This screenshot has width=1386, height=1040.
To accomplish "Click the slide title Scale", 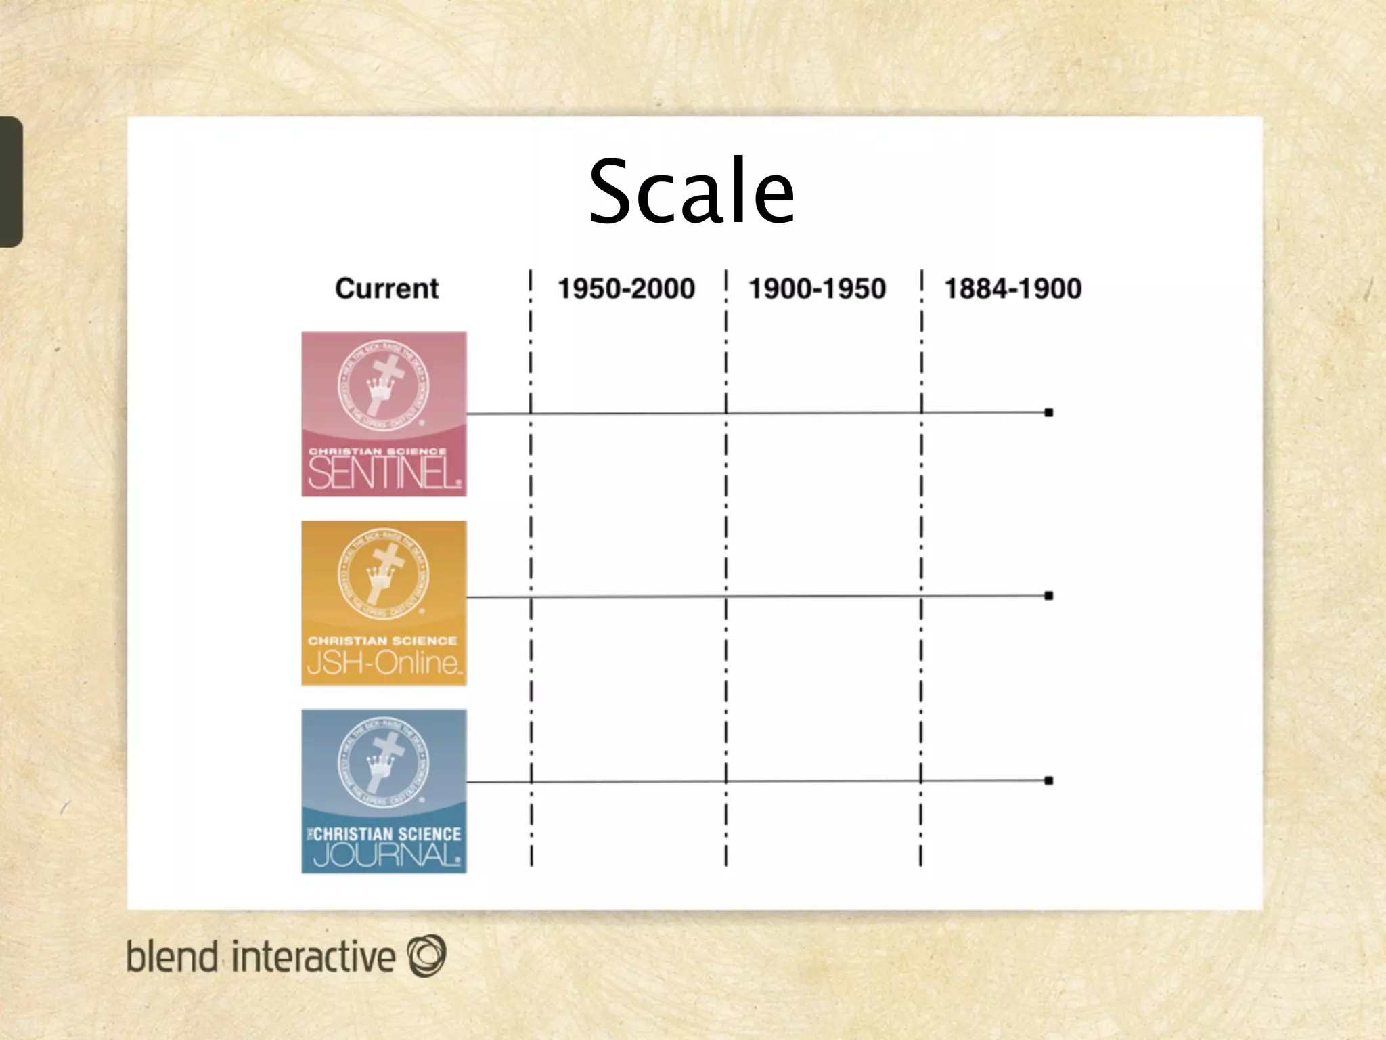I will pos(692,191).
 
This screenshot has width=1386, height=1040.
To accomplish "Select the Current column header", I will pos(386,289).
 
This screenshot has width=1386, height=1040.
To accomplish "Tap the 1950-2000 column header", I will pos(626,289).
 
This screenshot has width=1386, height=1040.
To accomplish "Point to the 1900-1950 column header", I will pos(817,289).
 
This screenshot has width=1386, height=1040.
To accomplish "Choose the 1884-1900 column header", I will pos(1012,289).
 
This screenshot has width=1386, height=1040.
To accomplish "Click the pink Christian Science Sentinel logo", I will pos(384,414).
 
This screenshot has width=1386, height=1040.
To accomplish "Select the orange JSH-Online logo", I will pos(384,603).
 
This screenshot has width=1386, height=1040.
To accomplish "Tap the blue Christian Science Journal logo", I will pos(384,791).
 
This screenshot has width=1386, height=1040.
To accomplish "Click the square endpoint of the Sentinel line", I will pos(1048,412).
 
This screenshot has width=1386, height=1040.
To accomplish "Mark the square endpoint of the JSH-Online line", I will pos(1048,596).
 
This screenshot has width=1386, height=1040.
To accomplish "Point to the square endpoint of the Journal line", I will pos(1048,781).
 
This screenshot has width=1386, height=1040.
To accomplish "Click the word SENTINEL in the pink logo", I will pos(384,472).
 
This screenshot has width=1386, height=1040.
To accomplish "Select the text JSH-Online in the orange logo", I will pos(384,662).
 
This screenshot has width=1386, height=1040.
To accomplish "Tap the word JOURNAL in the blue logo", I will pos(386,855).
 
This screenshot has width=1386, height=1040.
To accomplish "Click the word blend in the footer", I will pos(172,957).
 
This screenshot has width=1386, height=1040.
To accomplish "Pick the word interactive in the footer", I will pos(313,957).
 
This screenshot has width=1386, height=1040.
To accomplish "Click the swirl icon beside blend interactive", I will pos(426,955).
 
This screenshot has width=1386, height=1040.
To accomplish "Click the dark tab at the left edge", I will pos(11,181).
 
